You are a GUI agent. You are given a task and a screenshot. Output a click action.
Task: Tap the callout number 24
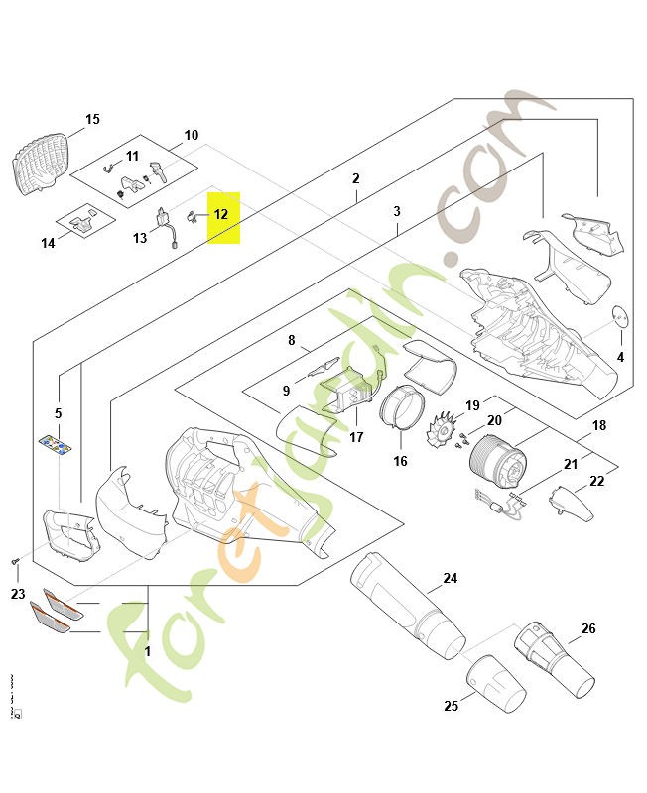451,578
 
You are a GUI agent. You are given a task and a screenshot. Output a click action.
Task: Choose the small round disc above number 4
620,315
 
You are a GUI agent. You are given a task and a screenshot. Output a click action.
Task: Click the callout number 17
356,437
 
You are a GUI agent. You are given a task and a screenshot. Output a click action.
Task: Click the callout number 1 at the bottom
148,653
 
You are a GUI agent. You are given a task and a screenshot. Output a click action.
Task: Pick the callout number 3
397,212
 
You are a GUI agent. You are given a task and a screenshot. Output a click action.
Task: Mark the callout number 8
292,340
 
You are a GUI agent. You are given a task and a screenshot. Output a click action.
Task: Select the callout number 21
570,464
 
